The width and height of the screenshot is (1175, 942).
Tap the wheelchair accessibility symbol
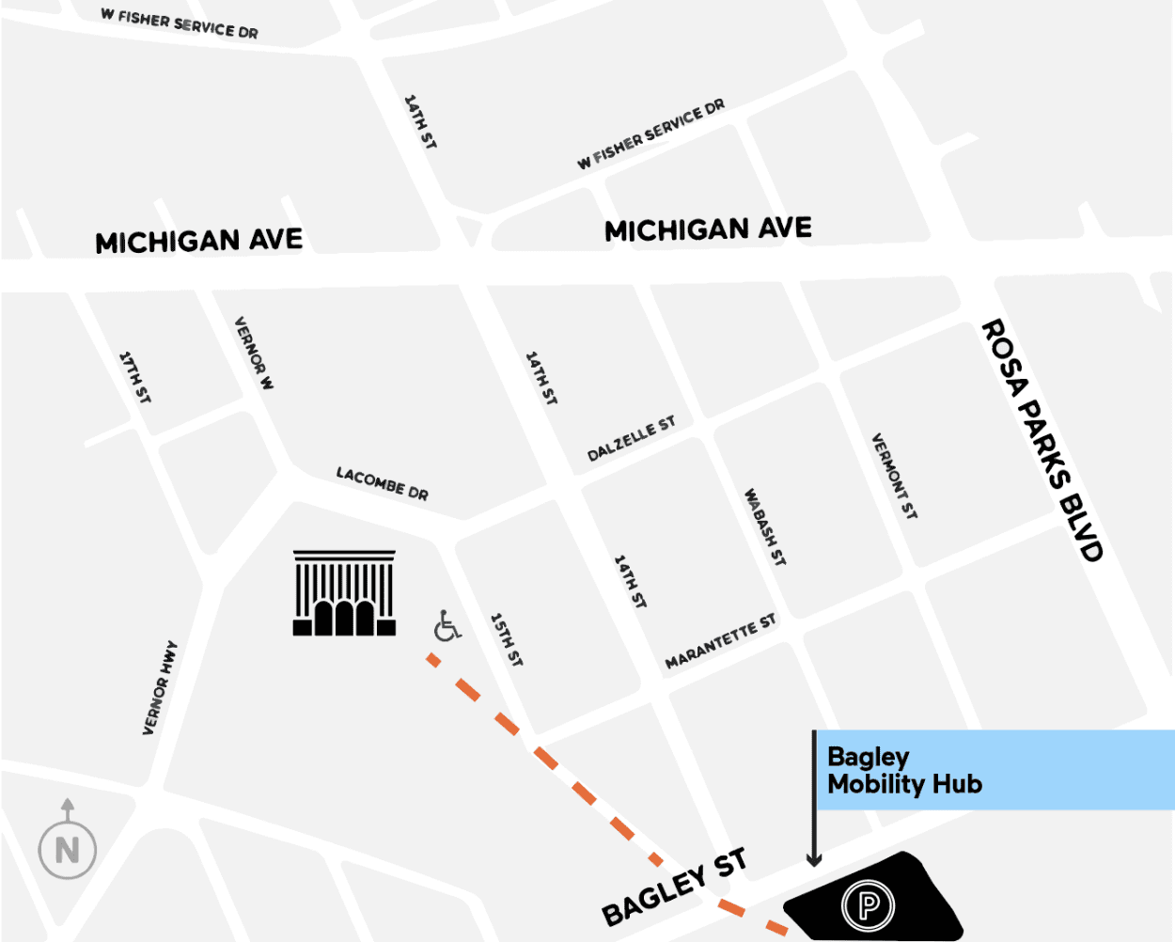447,626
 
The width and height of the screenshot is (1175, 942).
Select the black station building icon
344,593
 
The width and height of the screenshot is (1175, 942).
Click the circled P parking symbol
868,905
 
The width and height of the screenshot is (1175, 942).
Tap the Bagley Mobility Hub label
903,771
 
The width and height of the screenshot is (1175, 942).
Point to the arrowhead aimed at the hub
814,858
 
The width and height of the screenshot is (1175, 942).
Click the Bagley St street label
674,887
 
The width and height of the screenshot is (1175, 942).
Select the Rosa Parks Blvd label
1042,440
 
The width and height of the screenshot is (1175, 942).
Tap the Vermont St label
894,476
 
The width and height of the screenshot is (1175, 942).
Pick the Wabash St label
765,526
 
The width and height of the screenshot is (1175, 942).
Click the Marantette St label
720,641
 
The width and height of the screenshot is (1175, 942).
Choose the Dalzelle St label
631,439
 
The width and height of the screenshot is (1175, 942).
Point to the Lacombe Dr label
382,483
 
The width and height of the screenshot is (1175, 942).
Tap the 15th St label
506,640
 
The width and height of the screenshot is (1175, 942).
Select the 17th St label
134,377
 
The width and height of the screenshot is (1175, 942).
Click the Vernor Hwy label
159,688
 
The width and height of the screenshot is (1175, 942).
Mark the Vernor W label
254,353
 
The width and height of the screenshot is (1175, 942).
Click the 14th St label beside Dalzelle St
540,378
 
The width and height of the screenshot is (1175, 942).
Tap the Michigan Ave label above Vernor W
199,242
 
